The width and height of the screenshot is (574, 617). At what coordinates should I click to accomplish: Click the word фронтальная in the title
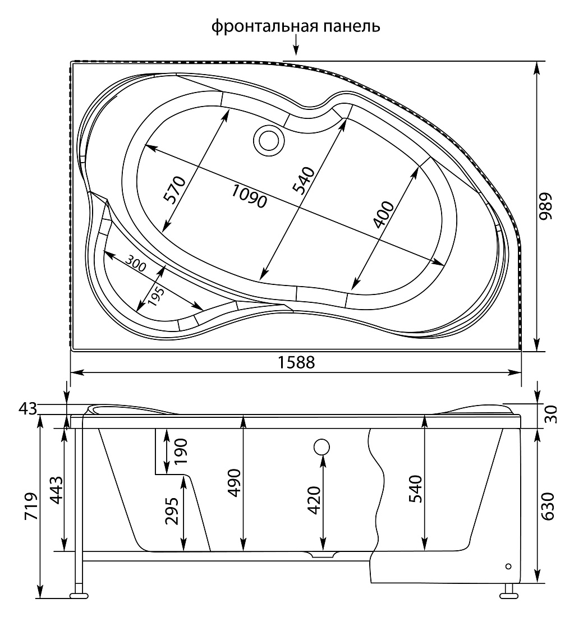(265, 27)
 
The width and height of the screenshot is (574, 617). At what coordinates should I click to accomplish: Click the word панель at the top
(352, 27)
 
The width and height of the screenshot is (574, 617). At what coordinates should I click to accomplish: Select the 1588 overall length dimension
(296, 362)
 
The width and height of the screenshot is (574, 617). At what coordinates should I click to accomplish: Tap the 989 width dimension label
(545, 206)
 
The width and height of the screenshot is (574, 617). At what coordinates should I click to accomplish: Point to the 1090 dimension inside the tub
(249, 196)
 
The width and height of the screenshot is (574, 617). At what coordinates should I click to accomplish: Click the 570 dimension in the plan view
(175, 190)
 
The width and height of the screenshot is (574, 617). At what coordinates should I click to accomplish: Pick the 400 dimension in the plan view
(383, 214)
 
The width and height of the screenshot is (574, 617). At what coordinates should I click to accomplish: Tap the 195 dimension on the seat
(157, 294)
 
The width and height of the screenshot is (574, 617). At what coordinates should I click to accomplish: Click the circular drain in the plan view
(269, 140)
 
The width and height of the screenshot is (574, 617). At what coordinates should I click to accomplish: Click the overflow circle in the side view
(322, 447)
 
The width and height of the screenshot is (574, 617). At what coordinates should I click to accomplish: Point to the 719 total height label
(31, 507)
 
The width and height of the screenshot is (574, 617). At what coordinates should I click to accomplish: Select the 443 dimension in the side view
(56, 490)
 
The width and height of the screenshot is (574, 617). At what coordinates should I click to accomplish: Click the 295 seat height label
(172, 511)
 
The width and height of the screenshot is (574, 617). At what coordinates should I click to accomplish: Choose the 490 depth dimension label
(235, 483)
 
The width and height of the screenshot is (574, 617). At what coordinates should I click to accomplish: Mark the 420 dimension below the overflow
(314, 500)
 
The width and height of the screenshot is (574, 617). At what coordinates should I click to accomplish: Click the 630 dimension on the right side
(548, 506)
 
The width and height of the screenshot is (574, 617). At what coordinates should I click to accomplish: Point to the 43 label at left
(27, 409)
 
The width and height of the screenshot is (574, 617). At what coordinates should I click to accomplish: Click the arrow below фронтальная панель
(296, 45)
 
